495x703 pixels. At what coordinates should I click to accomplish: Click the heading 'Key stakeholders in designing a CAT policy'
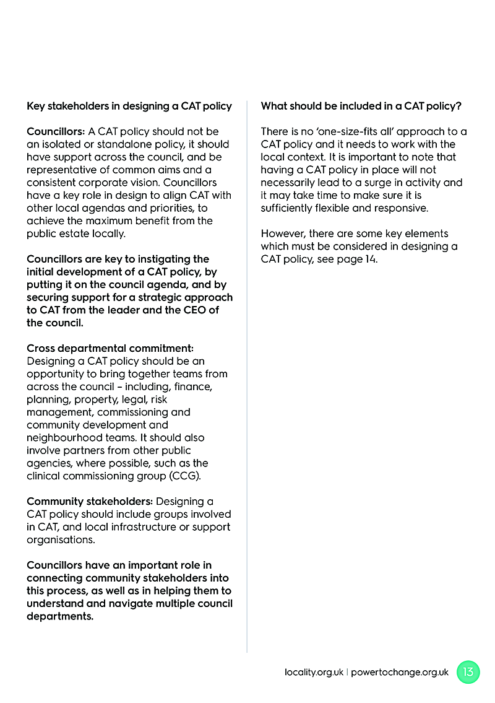point(129,106)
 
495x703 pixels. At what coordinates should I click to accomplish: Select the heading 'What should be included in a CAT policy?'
point(361,106)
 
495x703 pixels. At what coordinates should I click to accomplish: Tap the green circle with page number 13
point(468,672)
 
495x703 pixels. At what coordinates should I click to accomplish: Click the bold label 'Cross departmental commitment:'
point(110,348)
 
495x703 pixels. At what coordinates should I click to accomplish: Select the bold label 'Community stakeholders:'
point(90,501)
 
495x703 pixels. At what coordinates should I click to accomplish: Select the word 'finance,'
point(192,386)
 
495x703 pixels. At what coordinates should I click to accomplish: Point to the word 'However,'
point(282,234)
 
